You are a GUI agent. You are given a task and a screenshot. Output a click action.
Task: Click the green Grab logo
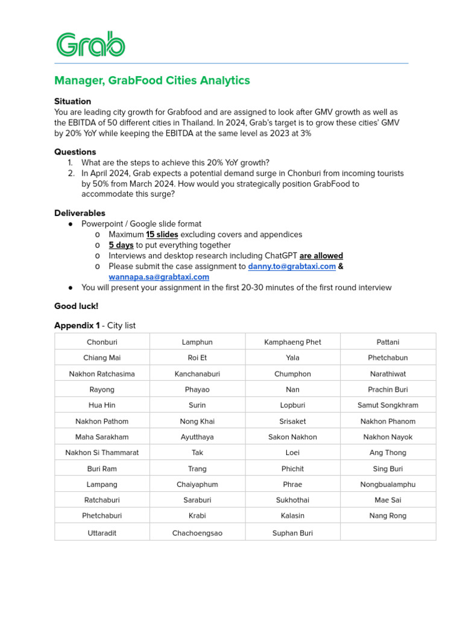[x=90, y=45]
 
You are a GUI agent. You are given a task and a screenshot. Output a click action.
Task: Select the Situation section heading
[x=72, y=101]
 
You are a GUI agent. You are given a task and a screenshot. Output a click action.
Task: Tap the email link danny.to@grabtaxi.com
[x=292, y=266]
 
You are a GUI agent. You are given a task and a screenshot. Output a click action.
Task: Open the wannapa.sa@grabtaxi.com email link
[x=159, y=277]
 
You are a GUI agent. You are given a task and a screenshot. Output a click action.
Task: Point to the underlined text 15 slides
[x=162, y=234]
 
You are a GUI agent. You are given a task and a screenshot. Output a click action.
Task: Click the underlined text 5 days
[x=121, y=245]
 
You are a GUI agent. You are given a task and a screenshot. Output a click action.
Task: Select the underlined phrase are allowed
[x=321, y=256]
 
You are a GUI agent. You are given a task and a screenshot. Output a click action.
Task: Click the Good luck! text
[x=76, y=306]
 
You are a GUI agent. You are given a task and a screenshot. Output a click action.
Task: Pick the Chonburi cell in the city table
[x=102, y=342]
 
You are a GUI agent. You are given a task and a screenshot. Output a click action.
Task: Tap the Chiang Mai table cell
[x=102, y=358]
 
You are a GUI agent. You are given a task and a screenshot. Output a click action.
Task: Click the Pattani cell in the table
[x=388, y=342]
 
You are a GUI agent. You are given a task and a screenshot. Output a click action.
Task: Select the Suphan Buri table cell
[x=292, y=533]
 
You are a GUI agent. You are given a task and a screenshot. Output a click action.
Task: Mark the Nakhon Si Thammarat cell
[x=102, y=453]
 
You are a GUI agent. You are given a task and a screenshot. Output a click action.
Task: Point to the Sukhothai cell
[x=292, y=500]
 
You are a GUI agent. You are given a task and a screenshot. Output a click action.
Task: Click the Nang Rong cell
[x=388, y=516]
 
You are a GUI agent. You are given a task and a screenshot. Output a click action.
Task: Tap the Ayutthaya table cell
[x=197, y=437]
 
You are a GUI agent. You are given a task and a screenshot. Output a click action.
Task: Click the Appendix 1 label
[x=77, y=325]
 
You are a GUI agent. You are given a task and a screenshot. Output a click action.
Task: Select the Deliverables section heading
[x=80, y=213]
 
